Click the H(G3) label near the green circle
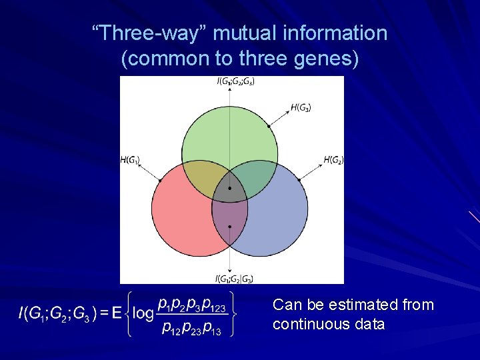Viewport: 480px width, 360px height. pos(301,107)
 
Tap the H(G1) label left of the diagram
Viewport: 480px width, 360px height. pos(130,160)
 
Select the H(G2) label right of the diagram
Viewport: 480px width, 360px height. pos(333,160)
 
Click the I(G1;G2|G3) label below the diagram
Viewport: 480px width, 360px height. pos(234,278)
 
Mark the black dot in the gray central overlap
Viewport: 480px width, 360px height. pos(230,189)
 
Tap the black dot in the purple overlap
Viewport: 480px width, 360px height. pos(230,227)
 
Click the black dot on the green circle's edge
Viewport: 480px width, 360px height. pos(269,125)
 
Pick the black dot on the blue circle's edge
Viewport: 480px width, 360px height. pos(299,179)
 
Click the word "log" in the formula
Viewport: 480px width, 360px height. pos(142,312)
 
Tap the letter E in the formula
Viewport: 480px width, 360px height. pos(117,313)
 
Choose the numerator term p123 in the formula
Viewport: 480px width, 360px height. pos(215,305)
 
